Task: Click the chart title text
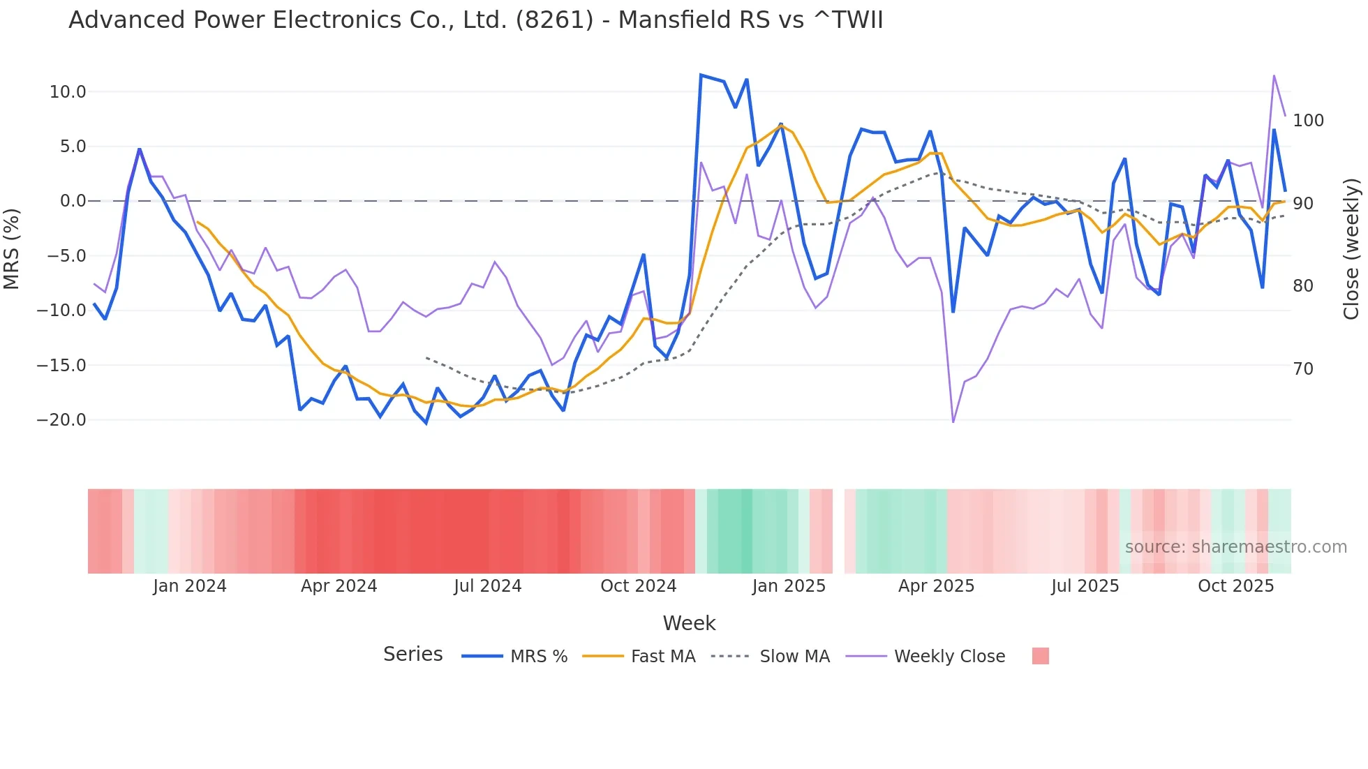point(475,20)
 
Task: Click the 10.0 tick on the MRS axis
point(68,92)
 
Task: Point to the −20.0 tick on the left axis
point(61,420)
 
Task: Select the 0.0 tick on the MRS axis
point(73,201)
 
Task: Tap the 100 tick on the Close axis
point(1308,121)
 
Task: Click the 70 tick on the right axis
point(1303,369)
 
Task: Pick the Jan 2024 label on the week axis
point(190,586)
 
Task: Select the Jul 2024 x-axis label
point(488,586)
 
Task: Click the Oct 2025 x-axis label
point(1235,586)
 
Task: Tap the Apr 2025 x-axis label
point(936,586)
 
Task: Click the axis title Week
point(689,623)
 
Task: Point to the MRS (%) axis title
point(12,248)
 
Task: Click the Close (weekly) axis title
point(1351,248)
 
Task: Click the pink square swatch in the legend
point(1040,656)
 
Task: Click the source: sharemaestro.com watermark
point(1235,547)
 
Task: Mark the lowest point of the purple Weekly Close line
point(953,421)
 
